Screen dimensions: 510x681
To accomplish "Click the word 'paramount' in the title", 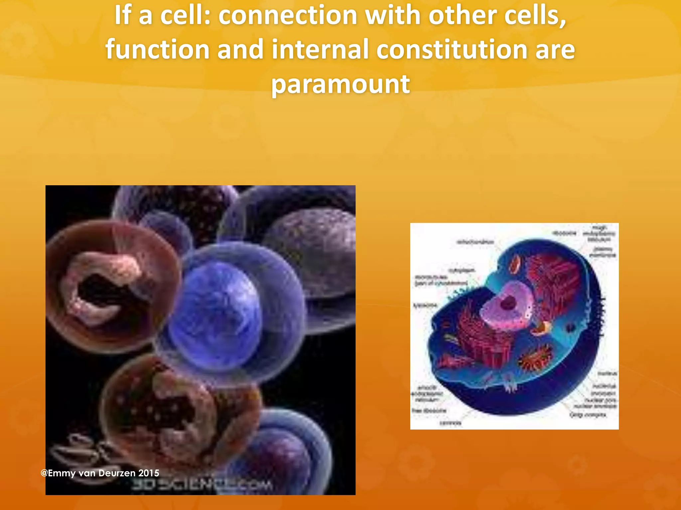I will (x=340, y=84).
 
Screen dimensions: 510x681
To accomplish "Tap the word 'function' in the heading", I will (x=158, y=49).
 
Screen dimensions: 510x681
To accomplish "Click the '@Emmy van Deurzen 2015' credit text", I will (x=100, y=473).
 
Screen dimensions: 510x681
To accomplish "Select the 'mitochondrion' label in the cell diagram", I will (x=475, y=242).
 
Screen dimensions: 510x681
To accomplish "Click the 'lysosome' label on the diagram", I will (x=425, y=305).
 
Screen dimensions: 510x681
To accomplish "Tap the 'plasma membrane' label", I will (x=603, y=252).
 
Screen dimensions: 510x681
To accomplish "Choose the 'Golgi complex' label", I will (x=588, y=415).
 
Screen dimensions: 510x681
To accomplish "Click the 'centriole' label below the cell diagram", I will (x=450, y=423).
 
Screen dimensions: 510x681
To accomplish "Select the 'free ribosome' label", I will (x=429, y=411).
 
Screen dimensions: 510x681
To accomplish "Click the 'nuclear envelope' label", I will (x=595, y=406).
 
